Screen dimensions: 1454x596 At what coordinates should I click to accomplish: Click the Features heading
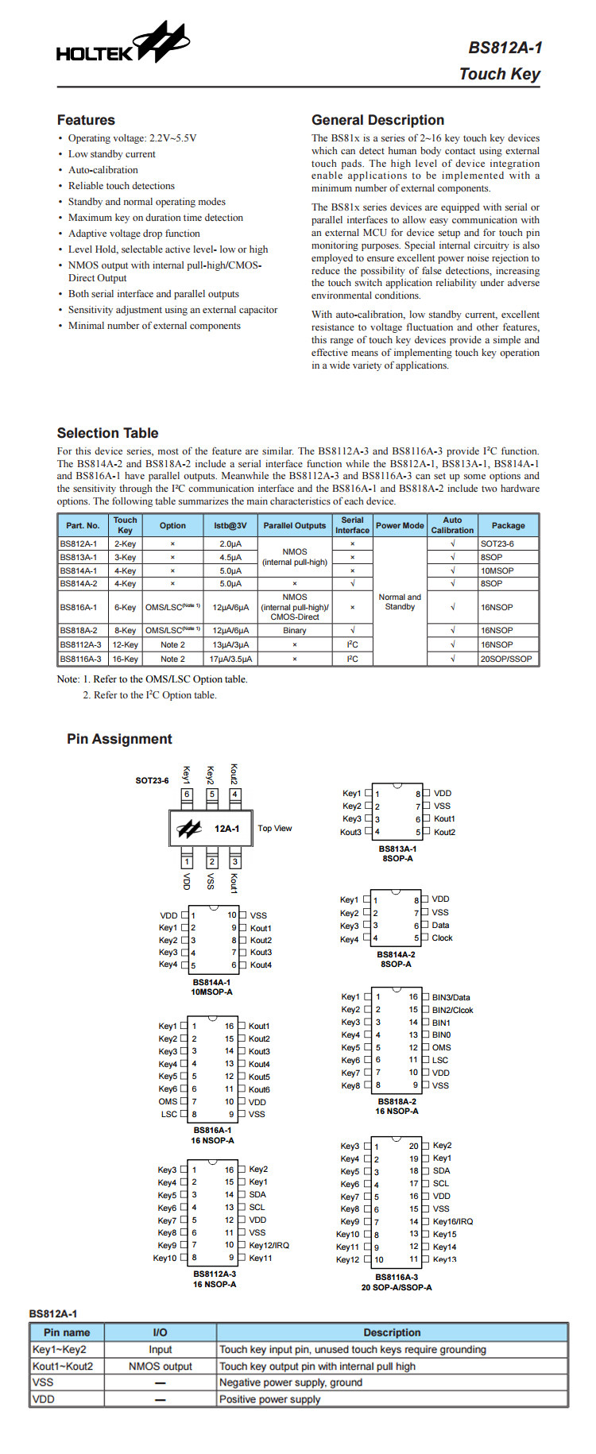pyautogui.click(x=86, y=120)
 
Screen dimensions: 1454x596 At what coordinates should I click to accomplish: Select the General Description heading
pyautogui.click(x=377, y=120)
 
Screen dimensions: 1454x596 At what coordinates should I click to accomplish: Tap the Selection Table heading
pyautogui.click(x=107, y=433)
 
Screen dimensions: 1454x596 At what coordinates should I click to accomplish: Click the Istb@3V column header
pyautogui.click(x=230, y=525)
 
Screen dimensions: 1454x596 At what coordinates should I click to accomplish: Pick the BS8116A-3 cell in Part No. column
pyautogui.click(x=80, y=659)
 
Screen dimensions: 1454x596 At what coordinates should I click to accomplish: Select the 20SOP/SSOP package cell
pyautogui.click(x=507, y=659)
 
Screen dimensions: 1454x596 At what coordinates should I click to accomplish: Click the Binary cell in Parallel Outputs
pyautogui.click(x=294, y=630)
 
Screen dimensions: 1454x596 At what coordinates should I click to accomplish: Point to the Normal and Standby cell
pyautogui.click(x=400, y=601)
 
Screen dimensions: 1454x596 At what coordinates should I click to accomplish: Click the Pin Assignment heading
pyautogui.click(x=119, y=739)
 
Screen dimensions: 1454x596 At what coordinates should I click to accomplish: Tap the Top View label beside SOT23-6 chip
pyautogui.click(x=274, y=828)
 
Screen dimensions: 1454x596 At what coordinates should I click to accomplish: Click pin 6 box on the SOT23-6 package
pyautogui.click(x=187, y=794)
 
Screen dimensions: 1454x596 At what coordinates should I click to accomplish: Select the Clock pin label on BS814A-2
pyautogui.click(x=442, y=938)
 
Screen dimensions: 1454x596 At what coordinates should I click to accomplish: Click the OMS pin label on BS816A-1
pyautogui.click(x=168, y=1101)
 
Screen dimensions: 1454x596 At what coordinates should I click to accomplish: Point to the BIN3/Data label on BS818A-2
pyautogui.click(x=451, y=997)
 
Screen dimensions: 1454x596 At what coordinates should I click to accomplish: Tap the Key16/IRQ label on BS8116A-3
pyautogui.click(x=452, y=1221)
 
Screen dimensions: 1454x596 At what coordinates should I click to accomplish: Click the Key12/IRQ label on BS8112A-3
pyautogui.click(x=269, y=1245)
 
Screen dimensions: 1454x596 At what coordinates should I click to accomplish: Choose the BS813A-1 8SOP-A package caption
pyautogui.click(x=397, y=853)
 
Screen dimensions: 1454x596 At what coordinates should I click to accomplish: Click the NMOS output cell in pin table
pyautogui.click(x=160, y=1366)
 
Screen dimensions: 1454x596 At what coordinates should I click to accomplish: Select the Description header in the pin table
pyautogui.click(x=392, y=1332)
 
